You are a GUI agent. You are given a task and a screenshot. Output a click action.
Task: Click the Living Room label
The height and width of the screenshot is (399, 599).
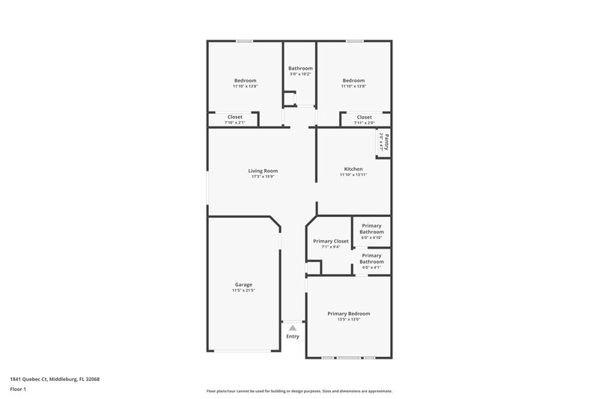[x=263, y=171]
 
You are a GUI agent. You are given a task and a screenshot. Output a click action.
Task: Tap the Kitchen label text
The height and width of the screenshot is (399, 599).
[x=353, y=168]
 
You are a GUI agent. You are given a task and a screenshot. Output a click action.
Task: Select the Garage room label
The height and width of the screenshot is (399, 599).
[x=243, y=284]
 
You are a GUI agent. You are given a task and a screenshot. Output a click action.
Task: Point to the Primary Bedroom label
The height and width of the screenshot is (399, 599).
[x=348, y=314]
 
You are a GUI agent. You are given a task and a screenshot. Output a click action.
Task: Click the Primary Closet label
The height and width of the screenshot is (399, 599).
[x=330, y=241]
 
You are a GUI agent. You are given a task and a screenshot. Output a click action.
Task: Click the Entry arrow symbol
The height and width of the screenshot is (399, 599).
[x=293, y=328]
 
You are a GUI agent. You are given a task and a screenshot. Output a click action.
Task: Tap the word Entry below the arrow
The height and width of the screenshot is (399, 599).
[x=293, y=336]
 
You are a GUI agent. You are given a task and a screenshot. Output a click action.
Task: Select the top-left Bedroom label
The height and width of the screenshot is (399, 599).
[x=245, y=81]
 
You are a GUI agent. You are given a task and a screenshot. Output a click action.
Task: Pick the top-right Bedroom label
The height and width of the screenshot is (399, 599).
[x=353, y=81]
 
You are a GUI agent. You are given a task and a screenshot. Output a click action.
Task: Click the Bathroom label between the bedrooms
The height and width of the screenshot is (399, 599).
[x=300, y=68]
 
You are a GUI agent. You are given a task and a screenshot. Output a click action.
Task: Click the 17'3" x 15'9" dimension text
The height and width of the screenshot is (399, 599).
[x=263, y=177]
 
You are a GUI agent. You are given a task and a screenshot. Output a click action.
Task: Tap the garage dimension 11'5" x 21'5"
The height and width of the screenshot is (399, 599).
[x=243, y=290]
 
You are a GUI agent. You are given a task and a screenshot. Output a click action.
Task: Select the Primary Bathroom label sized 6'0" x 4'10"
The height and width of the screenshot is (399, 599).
[x=372, y=229]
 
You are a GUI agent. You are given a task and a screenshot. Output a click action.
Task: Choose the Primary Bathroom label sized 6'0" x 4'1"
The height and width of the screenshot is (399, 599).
[x=372, y=258]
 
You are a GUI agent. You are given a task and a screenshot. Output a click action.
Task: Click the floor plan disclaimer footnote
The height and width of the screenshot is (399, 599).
[x=299, y=391]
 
